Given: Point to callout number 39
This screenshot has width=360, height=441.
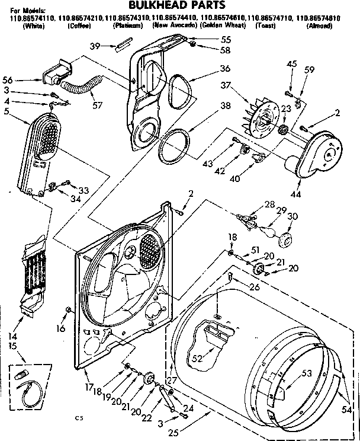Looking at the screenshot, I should pos(95,46).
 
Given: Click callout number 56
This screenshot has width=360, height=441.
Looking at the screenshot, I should pos(23,79).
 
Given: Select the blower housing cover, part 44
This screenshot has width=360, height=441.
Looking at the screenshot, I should pos(317,151).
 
